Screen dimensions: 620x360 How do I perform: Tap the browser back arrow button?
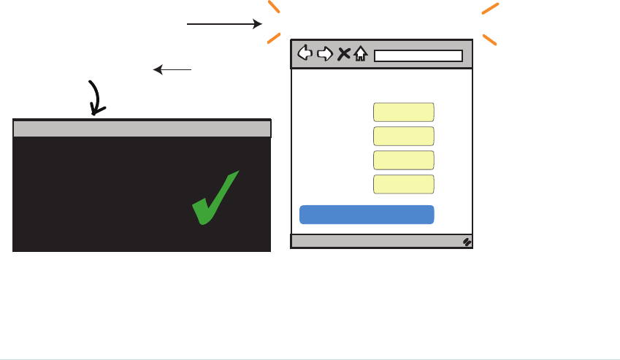pyautogui.click(x=306, y=53)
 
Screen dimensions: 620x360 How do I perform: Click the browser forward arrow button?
pyautogui.click(x=325, y=53)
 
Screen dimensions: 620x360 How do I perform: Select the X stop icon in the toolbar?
pyautogui.click(x=344, y=53)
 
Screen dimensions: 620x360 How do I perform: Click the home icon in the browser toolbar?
pyautogui.click(x=360, y=53)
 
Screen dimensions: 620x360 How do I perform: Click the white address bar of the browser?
pyautogui.click(x=418, y=55)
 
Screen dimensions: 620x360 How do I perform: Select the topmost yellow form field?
pyautogui.click(x=404, y=112)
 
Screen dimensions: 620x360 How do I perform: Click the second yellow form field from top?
pyautogui.click(x=404, y=136)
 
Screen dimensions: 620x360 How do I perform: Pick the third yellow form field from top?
pyautogui.click(x=404, y=160)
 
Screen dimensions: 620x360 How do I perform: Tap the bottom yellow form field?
pyautogui.click(x=404, y=184)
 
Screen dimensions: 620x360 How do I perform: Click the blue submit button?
pyautogui.click(x=367, y=214)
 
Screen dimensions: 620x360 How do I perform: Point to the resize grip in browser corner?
pyautogui.click(x=467, y=242)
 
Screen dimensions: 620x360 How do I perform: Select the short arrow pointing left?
pyautogui.click(x=172, y=70)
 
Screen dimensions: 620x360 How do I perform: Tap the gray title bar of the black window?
pyautogui.click(x=142, y=129)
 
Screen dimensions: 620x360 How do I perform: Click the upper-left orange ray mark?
pyautogui.click(x=273, y=7)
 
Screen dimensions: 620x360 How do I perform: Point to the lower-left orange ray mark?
pyautogui.click(x=273, y=38)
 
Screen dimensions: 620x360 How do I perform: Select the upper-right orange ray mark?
pyautogui.click(x=490, y=8)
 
